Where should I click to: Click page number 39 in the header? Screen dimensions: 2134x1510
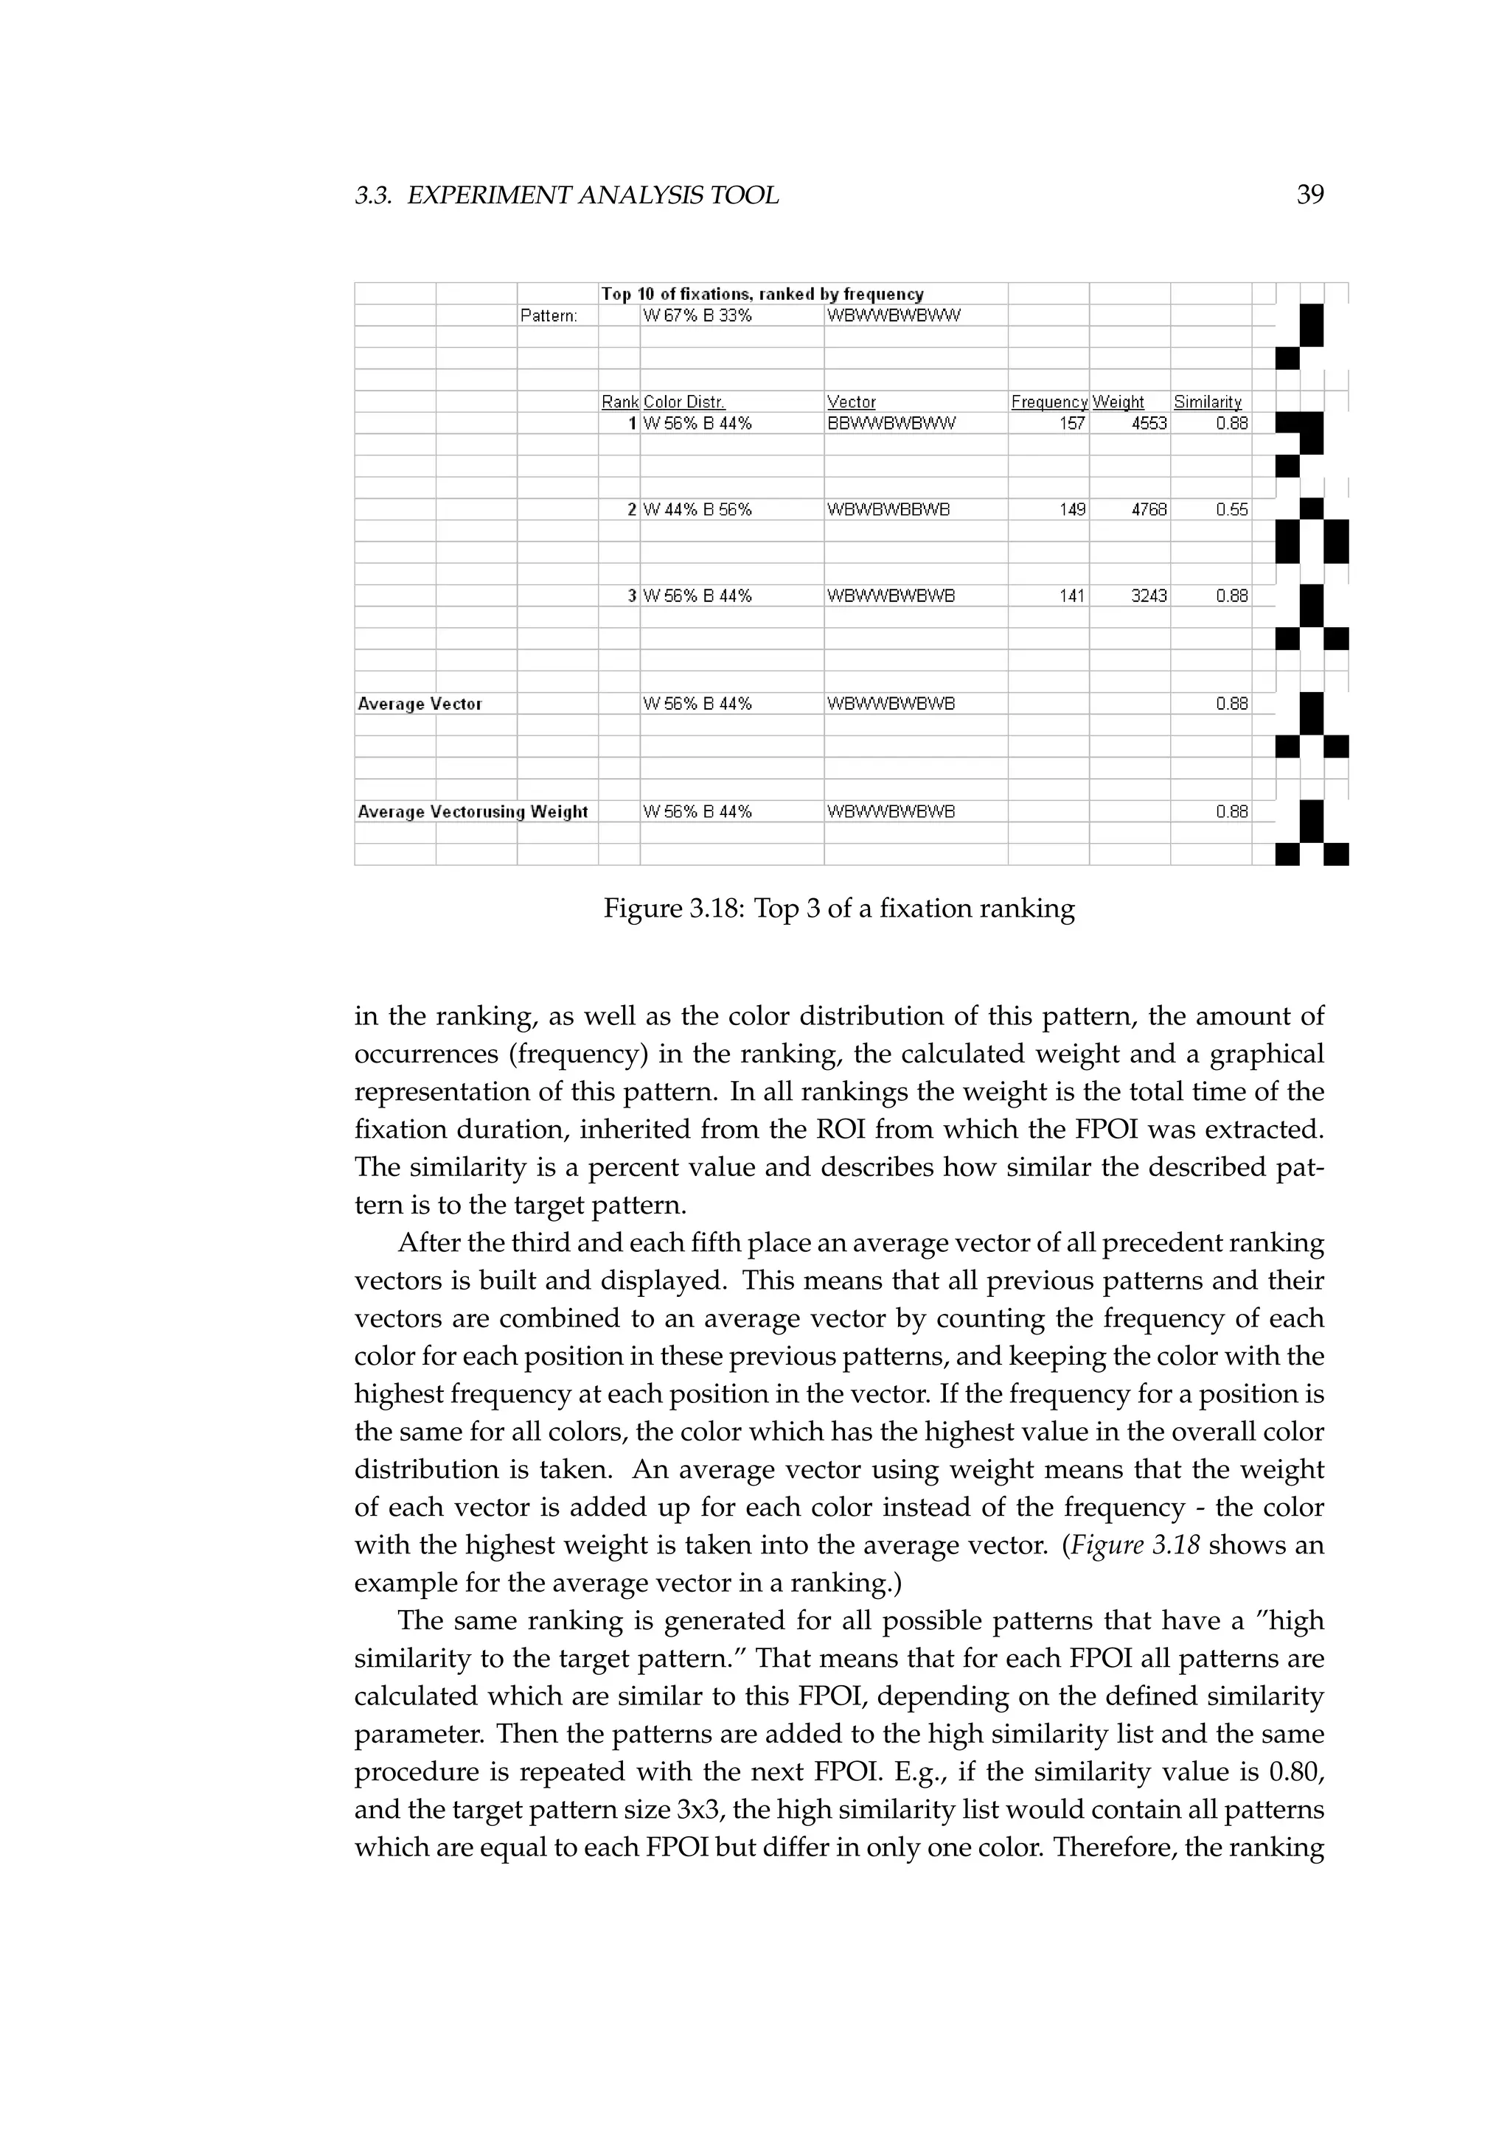1309,195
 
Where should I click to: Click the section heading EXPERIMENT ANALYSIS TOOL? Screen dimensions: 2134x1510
592,195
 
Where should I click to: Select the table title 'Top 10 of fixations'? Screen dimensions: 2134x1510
762,294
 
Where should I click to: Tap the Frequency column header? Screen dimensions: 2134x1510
1049,402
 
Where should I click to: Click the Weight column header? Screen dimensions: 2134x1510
1118,402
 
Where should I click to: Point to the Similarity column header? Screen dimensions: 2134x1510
1207,402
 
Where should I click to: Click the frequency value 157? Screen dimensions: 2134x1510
1072,424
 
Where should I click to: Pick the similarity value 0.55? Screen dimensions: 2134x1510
1231,509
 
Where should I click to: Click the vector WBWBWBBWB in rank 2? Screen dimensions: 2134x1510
888,509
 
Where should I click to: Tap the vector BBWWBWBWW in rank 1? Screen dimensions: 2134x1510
891,424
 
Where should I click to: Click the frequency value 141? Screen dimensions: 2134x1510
1072,596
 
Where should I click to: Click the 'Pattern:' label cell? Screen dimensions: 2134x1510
549,316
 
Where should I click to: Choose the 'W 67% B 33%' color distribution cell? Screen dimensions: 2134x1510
697,316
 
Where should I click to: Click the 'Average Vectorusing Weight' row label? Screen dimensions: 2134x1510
473,811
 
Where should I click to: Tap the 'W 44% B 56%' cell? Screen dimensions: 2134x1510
697,509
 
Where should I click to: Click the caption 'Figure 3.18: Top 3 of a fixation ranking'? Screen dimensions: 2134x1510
838,908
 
